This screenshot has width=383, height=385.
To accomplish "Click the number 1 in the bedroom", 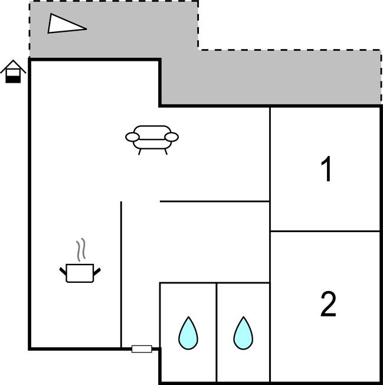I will tap(326, 169).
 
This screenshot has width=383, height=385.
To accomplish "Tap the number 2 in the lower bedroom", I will tap(328, 304).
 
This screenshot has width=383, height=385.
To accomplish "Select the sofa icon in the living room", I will tap(152, 139).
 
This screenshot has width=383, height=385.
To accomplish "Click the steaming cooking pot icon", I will tap(80, 272).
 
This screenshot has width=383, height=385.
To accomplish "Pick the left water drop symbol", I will tap(188, 333).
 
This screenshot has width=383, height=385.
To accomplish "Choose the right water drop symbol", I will tap(243, 333).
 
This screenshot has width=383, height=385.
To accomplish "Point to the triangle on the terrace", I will tap(64, 24).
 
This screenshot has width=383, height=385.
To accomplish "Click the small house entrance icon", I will tap(13, 71).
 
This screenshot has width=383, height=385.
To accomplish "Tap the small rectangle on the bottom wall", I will tap(142, 349).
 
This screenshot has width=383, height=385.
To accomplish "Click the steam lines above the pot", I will tap(83, 250).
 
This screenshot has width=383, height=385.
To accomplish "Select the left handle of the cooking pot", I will tap(63, 271).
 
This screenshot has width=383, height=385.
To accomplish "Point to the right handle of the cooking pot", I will tap(97, 271).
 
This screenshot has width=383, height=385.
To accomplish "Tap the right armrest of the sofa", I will tap(171, 138).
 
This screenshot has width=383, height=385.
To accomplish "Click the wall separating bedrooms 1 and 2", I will tap(325, 231).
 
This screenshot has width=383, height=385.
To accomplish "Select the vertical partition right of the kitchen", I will tap(121, 272).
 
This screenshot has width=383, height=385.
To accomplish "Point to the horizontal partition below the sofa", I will tap(215, 201).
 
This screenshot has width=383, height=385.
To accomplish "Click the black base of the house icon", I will tap(13, 79).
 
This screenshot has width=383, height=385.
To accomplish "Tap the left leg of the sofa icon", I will tap(140, 151).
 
